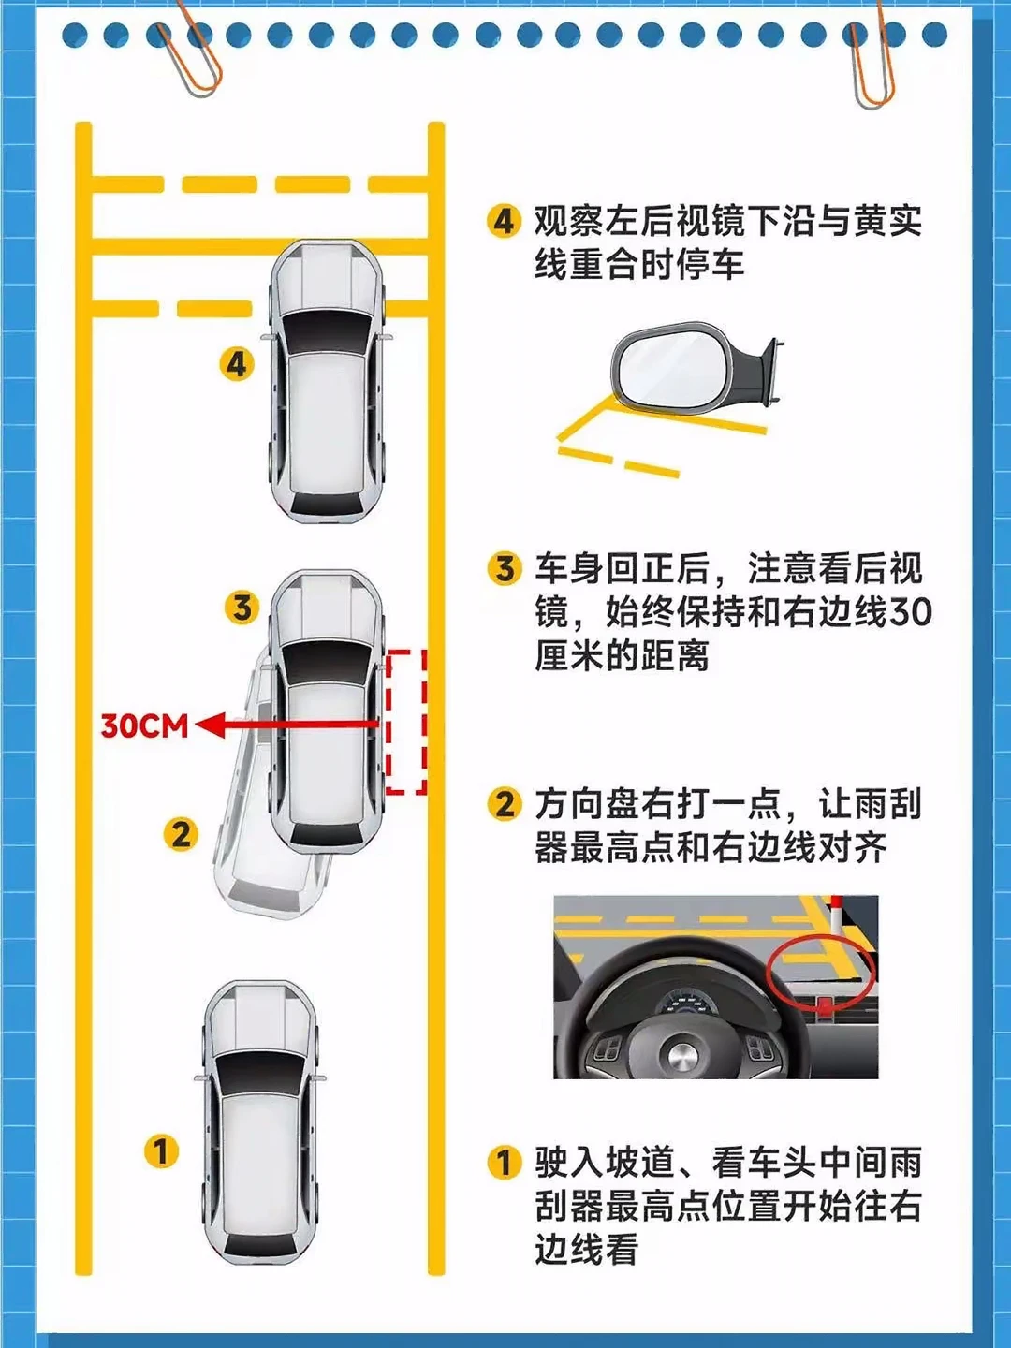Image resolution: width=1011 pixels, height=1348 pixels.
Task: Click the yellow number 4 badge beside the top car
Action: click(x=237, y=363)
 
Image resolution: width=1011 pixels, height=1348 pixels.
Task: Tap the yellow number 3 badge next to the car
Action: click(x=242, y=608)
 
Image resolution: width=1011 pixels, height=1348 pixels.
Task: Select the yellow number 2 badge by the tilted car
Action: click(x=181, y=833)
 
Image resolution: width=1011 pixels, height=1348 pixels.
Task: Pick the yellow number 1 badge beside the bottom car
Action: click(x=161, y=1150)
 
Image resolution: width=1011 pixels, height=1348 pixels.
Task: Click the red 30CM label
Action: click(x=144, y=725)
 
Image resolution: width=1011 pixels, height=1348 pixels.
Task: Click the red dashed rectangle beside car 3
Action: click(x=406, y=722)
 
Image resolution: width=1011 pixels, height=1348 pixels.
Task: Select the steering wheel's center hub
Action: click(x=681, y=1057)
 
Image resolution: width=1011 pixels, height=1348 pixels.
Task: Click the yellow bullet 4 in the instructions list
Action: click(x=505, y=222)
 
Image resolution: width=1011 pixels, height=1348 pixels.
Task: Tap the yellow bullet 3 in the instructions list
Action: click(x=505, y=568)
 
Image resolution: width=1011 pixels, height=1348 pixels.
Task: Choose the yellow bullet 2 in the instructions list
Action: click(x=505, y=803)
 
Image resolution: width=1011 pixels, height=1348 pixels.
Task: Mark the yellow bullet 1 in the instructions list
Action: click(x=505, y=1163)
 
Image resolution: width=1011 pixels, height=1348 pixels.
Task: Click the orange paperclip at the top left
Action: click(x=192, y=56)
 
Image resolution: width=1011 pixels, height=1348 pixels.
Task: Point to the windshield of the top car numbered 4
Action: click(x=326, y=332)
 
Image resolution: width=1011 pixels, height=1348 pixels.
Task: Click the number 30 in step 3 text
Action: click(x=910, y=612)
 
